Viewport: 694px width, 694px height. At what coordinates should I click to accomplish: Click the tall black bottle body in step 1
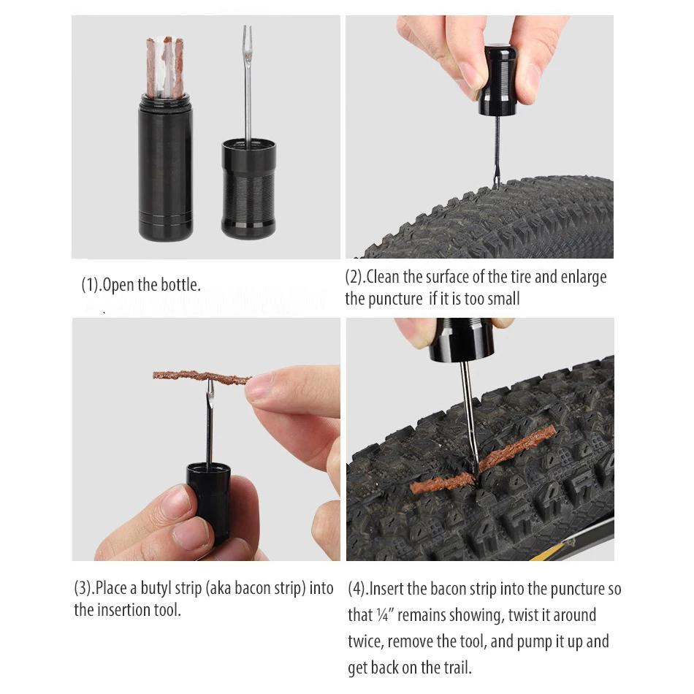[165, 172]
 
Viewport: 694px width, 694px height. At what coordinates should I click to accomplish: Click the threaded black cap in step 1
[248, 190]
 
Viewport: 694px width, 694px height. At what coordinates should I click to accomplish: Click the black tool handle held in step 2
[497, 80]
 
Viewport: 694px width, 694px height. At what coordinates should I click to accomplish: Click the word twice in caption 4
[365, 642]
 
